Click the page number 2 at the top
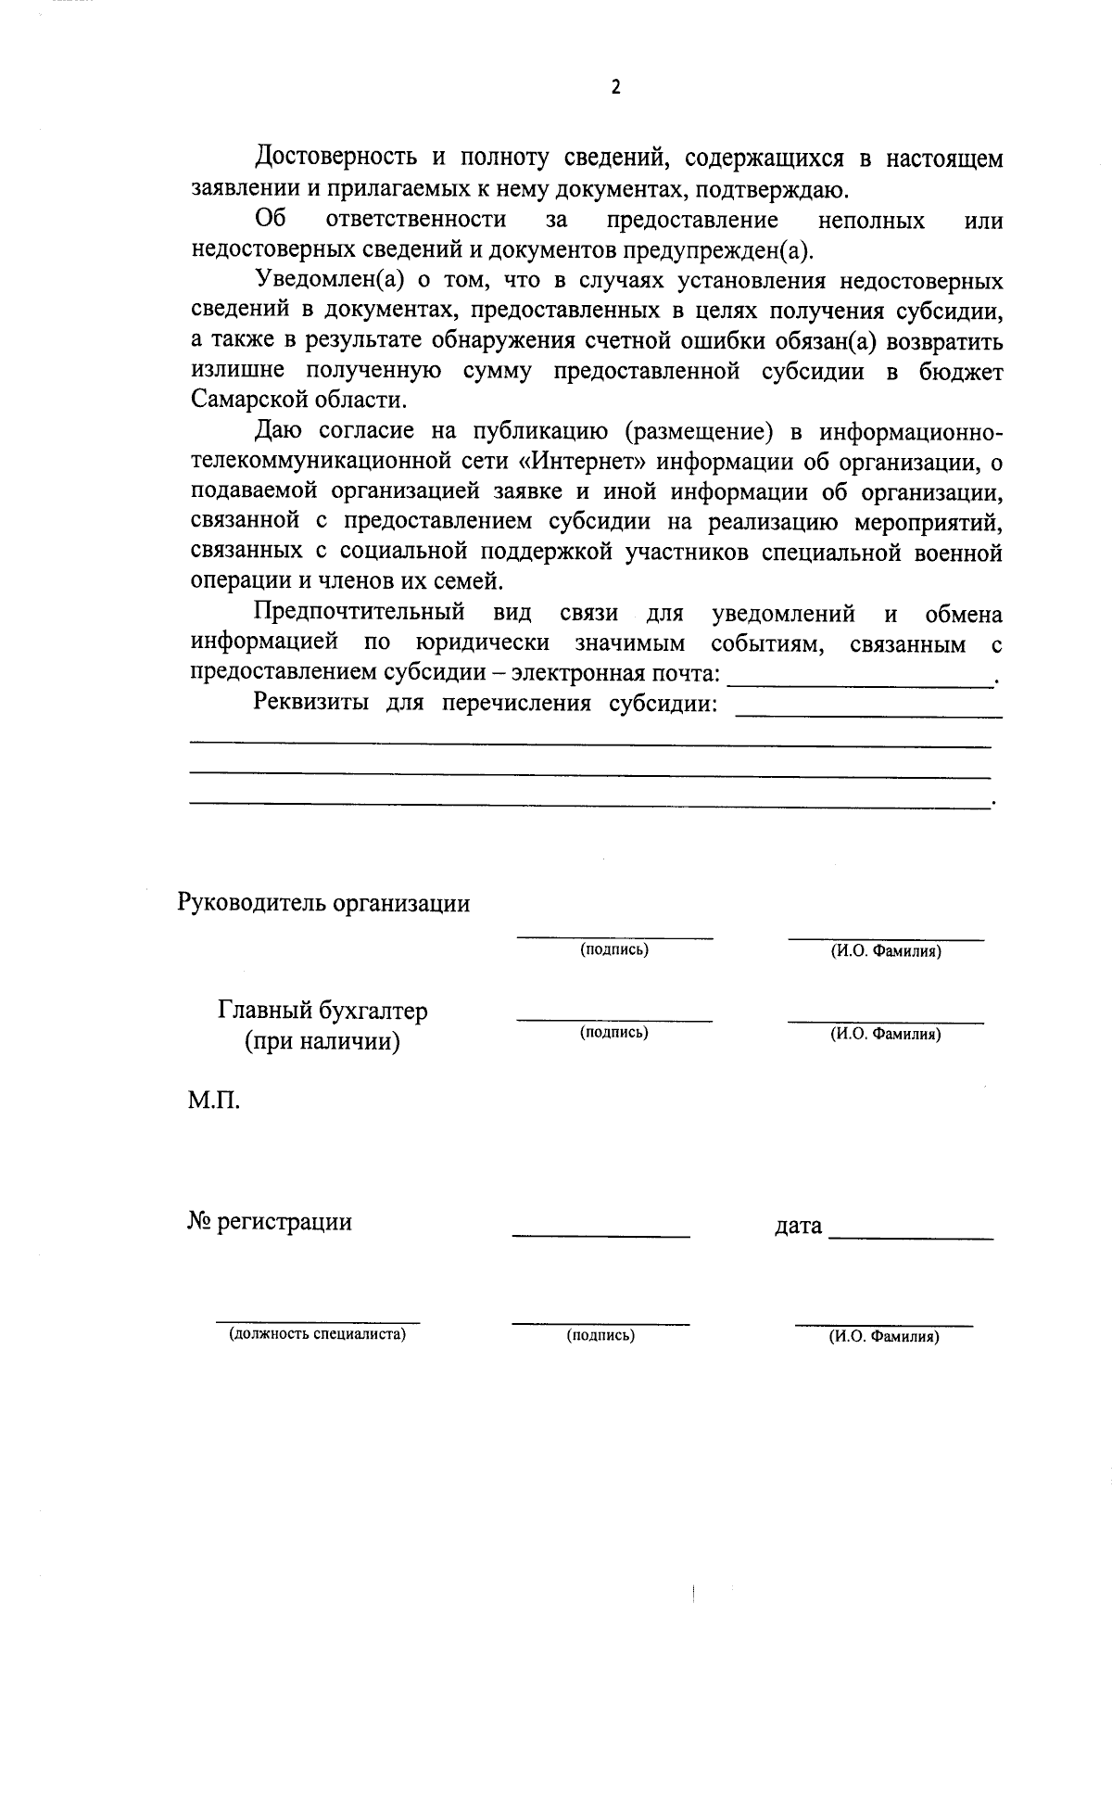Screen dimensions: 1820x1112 tap(615, 87)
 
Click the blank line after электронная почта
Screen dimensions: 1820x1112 tap(860, 681)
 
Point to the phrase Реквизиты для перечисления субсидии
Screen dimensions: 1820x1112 tap(486, 703)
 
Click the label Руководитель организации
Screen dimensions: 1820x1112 tap(323, 903)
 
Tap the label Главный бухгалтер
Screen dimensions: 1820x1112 tap(322, 1010)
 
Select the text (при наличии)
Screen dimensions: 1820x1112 tap(322, 1041)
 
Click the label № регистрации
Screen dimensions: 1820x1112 tap(270, 1222)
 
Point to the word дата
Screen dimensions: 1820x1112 tap(798, 1226)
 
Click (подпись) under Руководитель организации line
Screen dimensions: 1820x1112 tap(613, 949)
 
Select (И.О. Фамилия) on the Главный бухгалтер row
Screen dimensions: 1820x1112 tap(885, 1034)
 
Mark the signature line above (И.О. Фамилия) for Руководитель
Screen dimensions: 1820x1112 tap(885, 938)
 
